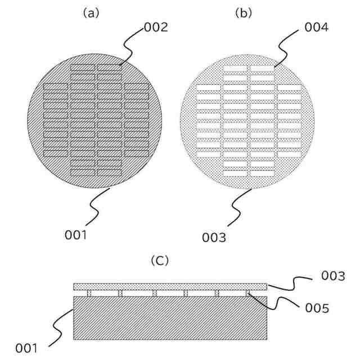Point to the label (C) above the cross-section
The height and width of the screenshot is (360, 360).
click(160, 261)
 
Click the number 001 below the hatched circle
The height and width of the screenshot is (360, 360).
click(75, 235)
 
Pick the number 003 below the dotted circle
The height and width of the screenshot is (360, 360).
click(214, 237)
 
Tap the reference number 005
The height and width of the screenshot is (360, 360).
click(316, 308)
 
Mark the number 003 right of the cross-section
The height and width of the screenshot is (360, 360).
click(332, 276)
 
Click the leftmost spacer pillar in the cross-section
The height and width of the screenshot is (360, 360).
click(88, 294)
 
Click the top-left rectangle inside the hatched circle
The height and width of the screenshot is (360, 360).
click(83, 67)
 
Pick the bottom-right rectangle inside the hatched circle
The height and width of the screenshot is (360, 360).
click(109, 172)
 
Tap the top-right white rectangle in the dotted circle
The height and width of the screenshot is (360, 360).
click(262, 69)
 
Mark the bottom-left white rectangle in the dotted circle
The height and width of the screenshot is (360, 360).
click(235, 173)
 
